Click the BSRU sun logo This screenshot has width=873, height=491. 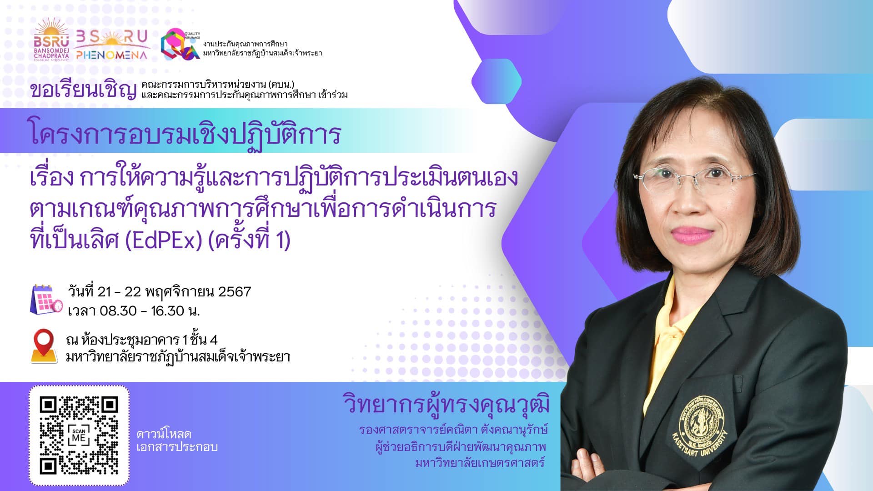[x=51, y=40]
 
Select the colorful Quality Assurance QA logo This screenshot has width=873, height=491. [x=181, y=44]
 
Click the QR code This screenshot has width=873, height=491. [x=79, y=436]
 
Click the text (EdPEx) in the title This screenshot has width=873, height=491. [x=163, y=240]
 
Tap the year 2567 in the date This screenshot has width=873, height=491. [x=235, y=291]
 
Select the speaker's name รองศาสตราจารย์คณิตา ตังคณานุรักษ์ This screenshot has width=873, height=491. [x=453, y=429]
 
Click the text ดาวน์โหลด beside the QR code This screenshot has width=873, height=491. [x=164, y=434]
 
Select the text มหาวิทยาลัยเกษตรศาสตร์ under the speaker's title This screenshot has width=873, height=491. [x=480, y=463]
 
